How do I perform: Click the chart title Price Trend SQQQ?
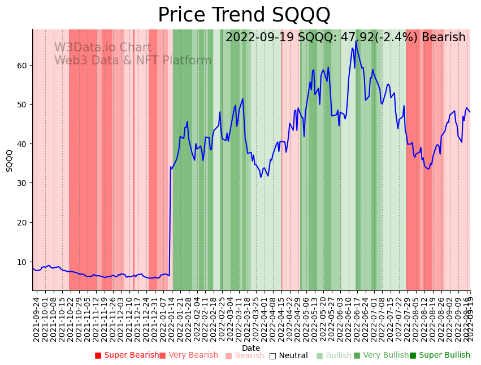(x=244, y=15)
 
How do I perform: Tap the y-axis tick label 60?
(x=22, y=66)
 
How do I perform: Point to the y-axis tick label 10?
(x=22, y=262)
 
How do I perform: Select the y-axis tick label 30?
(x=22, y=183)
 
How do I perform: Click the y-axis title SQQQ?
(x=10, y=160)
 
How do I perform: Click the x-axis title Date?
(x=251, y=348)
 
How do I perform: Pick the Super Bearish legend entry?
(x=127, y=355)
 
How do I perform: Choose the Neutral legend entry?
(x=289, y=356)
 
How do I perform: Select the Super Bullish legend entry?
(x=440, y=355)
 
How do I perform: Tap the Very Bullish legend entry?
(x=381, y=355)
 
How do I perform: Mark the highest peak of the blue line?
(x=356, y=41)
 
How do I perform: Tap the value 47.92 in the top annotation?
(x=356, y=37)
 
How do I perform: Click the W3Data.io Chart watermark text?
(x=103, y=48)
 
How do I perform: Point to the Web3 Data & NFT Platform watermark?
(x=133, y=60)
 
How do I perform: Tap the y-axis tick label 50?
(x=22, y=105)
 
